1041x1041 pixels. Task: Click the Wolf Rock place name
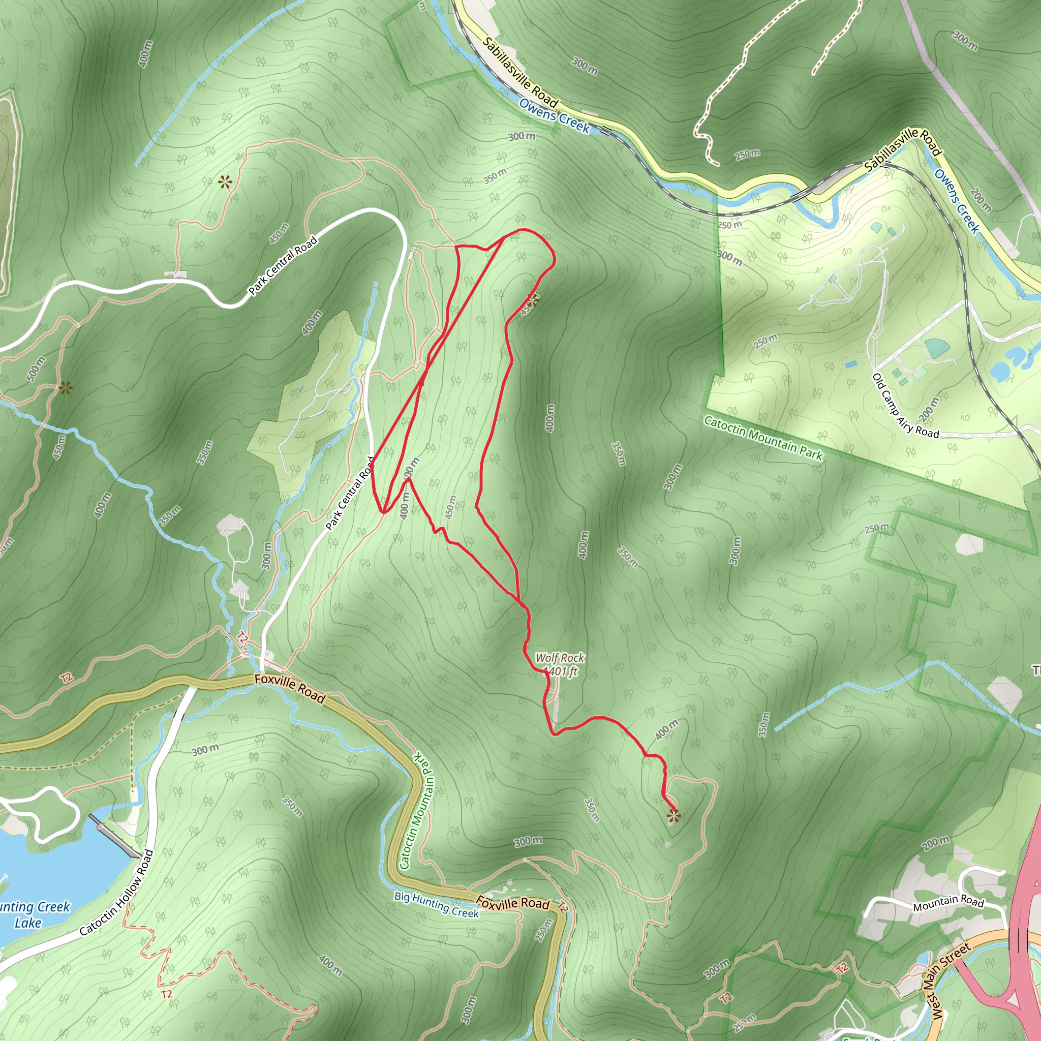(559, 658)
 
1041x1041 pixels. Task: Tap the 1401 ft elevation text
(560, 671)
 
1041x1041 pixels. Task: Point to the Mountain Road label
(948, 902)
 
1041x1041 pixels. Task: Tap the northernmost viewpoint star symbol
(225, 182)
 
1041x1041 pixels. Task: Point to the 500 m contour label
(36, 369)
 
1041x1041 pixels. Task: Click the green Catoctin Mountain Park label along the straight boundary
(763, 438)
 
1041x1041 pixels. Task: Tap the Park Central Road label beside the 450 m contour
(283, 266)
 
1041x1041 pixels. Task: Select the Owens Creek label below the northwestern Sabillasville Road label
(555, 115)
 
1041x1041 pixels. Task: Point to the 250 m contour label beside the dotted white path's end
(748, 155)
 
